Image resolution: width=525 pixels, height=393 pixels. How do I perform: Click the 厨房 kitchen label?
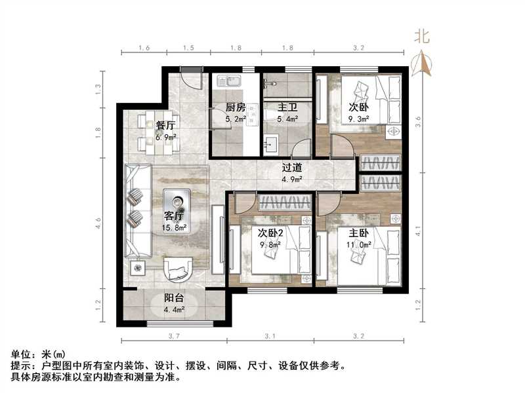pos(236,108)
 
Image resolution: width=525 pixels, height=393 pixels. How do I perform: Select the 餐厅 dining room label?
pos(165,125)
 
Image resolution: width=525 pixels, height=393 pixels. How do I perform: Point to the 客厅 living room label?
pos(174,217)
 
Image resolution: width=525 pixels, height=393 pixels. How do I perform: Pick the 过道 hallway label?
pos(292,168)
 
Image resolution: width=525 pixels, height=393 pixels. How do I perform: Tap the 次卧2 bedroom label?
pos(270,233)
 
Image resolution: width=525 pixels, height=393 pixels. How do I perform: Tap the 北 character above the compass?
pos(422,37)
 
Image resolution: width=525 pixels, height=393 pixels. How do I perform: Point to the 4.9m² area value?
pos(292,179)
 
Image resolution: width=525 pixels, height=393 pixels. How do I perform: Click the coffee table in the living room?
pos(177,200)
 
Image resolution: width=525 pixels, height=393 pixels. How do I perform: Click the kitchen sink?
pos(230,82)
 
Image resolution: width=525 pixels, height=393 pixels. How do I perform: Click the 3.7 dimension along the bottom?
pos(173,337)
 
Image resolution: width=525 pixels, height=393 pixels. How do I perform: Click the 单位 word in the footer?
pos(22,354)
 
